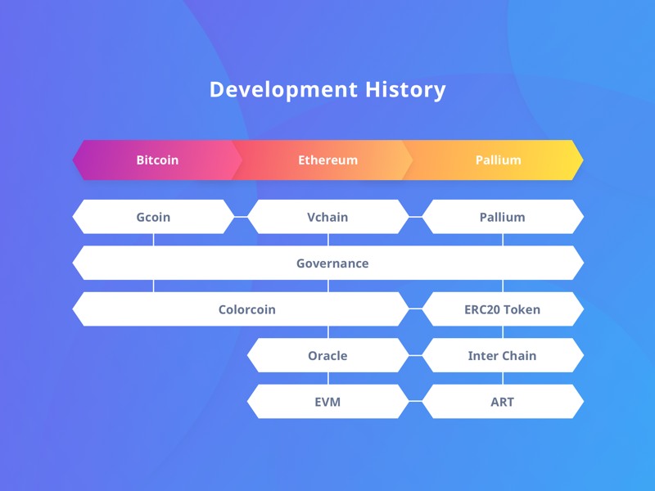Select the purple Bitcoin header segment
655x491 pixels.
tap(157, 160)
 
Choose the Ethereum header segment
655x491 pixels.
tap(327, 160)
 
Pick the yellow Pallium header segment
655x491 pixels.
tap(498, 160)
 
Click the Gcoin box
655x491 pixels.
tap(153, 217)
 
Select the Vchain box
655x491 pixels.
tap(327, 217)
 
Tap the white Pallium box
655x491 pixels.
tap(502, 217)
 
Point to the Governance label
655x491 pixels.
tap(332, 264)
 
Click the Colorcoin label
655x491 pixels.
tap(246, 309)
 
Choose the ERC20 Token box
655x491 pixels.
tap(502, 309)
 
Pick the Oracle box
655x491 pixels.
tap(327, 356)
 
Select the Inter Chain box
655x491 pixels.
tap(502, 356)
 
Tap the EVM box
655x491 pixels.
tap(327, 402)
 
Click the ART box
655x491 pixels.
tap(502, 402)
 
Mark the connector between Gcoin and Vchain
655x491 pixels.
tap(241, 217)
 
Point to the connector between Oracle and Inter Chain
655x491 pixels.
tap(415, 356)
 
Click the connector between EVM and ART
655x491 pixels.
tap(415, 402)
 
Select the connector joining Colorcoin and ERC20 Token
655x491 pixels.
tap(415, 309)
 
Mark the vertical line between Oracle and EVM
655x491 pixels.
tap(328, 379)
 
